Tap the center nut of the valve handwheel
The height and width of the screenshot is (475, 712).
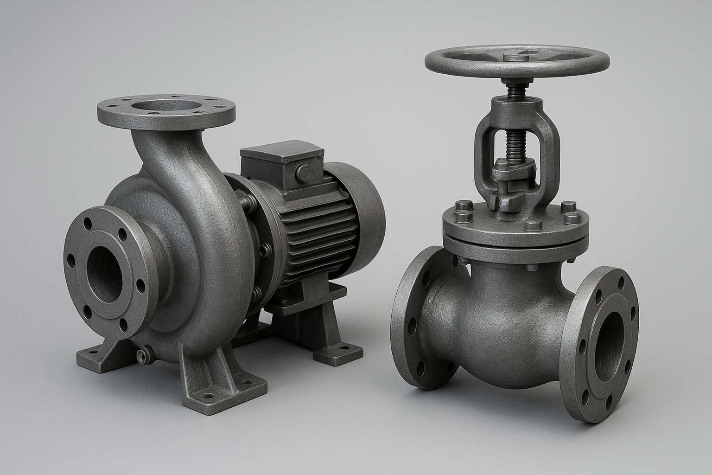point(515,58)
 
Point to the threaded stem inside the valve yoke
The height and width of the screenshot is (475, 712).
point(514,139)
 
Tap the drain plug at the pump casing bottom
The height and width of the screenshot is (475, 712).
point(143,356)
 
